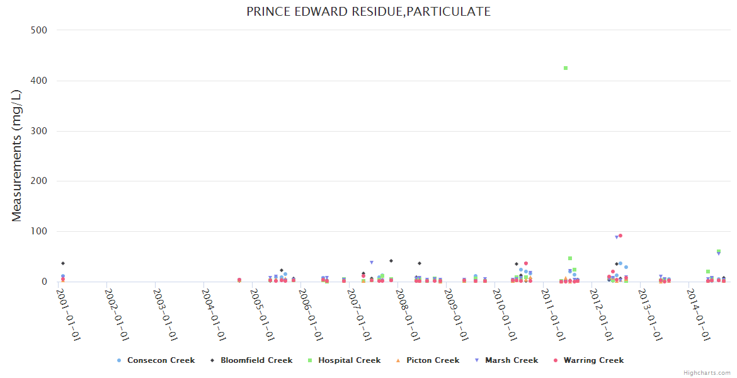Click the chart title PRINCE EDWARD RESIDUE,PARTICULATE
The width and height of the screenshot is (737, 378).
tap(368, 11)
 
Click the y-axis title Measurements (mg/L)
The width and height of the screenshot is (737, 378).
tap(17, 156)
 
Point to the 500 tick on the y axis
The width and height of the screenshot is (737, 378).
tap(39, 30)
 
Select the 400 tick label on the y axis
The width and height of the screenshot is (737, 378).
tap(39, 81)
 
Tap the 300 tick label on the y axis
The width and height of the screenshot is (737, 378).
tap(39, 131)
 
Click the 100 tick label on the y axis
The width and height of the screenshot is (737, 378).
tap(39, 231)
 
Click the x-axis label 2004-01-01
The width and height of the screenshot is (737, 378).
tap(214, 314)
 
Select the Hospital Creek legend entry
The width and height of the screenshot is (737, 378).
tap(349, 360)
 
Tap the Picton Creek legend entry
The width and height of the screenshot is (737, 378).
tap(433, 360)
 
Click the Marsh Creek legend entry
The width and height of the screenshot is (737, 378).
tap(511, 360)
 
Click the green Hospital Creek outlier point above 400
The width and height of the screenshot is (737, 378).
tap(566, 68)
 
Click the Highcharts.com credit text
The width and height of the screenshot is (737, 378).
tap(707, 373)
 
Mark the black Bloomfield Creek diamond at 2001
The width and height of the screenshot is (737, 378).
tap(63, 263)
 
